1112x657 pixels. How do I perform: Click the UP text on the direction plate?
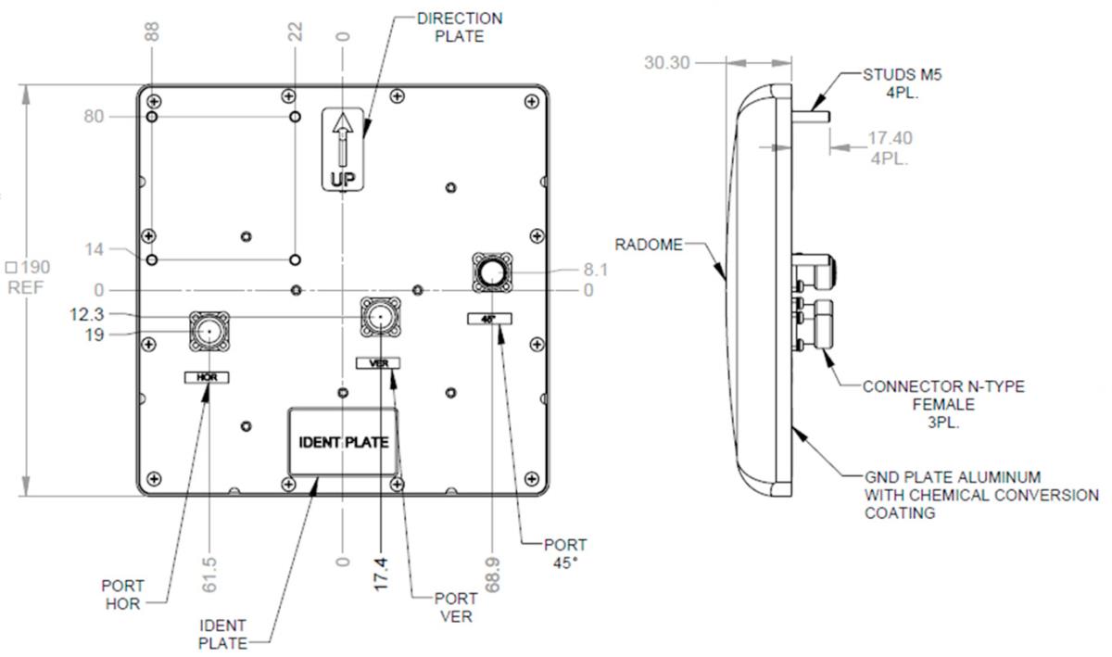(x=343, y=179)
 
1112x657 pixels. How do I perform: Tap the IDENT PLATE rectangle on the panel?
(x=343, y=441)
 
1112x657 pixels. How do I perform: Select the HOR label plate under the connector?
(x=207, y=377)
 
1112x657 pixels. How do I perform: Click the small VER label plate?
(x=378, y=363)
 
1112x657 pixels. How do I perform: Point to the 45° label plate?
(x=489, y=319)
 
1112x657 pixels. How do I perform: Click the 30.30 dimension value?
(x=666, y=63)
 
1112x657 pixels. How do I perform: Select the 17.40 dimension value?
(x=890, y=138)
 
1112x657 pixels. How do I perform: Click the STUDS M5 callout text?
(x=902, y=83)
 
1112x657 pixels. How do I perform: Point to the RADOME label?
(x=649, y=245)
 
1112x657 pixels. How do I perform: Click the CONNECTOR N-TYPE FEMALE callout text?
(x=943, y=404)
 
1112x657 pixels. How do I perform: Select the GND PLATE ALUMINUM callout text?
(x=981, y=495)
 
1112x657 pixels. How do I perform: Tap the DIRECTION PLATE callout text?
(x=460, y=27)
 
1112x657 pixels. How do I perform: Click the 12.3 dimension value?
(x=87, y=314)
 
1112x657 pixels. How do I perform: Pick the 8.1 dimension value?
(x=595, y=270)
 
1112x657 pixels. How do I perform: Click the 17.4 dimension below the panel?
(x=380, y=575)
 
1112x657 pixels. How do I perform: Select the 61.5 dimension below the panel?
(x=209, y=575)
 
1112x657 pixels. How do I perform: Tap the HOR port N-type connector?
(x=209, y=331)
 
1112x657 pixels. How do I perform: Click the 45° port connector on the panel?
(x=492, y=272)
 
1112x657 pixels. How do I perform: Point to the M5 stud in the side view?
(x=811, y=117)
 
